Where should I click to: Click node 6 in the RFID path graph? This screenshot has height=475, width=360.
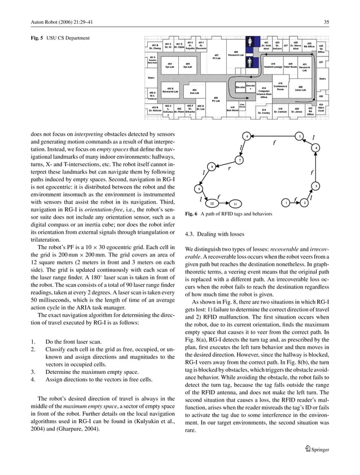245,136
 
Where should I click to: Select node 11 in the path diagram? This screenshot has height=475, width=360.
235,203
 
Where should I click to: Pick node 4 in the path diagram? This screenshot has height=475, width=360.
317,147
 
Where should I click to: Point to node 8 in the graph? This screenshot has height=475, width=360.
210,167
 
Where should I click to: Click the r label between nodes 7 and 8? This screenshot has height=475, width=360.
229,168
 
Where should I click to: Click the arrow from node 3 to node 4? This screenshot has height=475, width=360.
317,167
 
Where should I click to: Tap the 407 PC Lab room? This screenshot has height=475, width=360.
216,57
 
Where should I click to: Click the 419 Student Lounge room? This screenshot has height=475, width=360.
273,66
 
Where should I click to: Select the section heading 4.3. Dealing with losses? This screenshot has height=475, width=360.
214,233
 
